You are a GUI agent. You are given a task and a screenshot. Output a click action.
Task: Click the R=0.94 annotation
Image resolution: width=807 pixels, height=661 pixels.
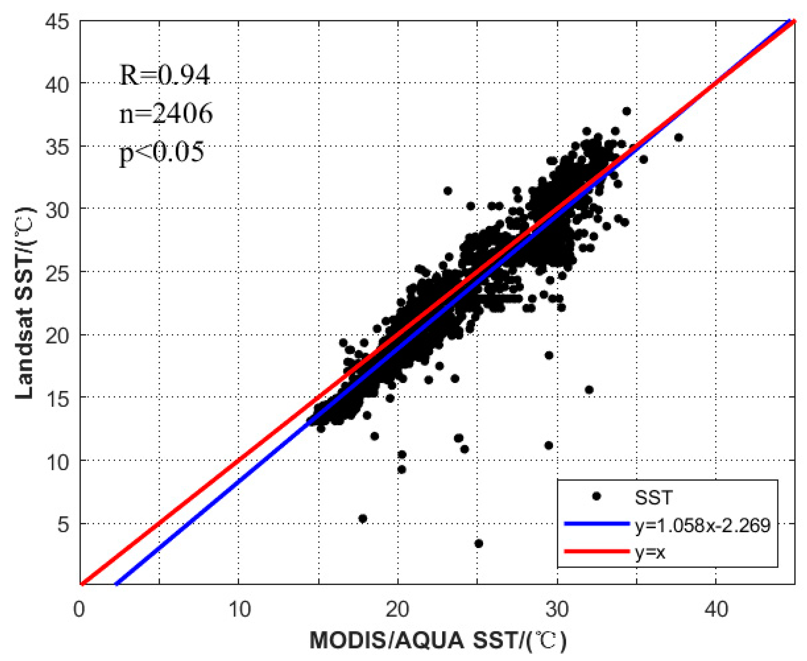click(x=165, y=75)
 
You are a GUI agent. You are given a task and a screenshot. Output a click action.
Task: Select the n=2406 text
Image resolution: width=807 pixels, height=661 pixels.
click(x=166, y=114)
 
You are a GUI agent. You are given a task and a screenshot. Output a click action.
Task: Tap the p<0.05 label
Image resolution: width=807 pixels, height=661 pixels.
click(x=162, y=152)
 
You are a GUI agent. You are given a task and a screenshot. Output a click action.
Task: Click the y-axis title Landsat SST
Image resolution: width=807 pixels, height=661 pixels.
click(x=25, y=303)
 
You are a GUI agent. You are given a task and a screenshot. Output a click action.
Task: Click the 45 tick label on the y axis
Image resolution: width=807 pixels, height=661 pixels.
click(x=58, y=22)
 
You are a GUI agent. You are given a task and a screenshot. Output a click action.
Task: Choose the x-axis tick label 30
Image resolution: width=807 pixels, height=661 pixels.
click(x=557, y=609)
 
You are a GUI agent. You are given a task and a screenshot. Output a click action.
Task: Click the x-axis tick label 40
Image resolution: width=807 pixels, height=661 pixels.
click(x=716, y=609)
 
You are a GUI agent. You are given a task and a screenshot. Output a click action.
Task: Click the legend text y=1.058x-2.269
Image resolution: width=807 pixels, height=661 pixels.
click(x=702, y=525)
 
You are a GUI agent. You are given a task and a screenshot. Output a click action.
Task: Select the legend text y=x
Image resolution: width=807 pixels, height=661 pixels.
click(x=650, y=552)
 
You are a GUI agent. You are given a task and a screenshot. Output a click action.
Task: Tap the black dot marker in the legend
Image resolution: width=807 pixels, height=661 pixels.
click(x=597, y=497)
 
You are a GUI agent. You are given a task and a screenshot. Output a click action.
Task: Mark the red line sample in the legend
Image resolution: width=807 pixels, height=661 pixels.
click(x=597, y=551)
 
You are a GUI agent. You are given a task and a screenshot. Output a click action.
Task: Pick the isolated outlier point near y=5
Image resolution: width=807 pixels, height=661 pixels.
click(x=363, y=519)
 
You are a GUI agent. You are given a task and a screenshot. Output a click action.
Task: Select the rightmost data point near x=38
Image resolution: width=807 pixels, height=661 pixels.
click(x=679, y=137)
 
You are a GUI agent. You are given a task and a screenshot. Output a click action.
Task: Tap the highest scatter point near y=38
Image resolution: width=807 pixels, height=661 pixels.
click(x=627, y=111)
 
